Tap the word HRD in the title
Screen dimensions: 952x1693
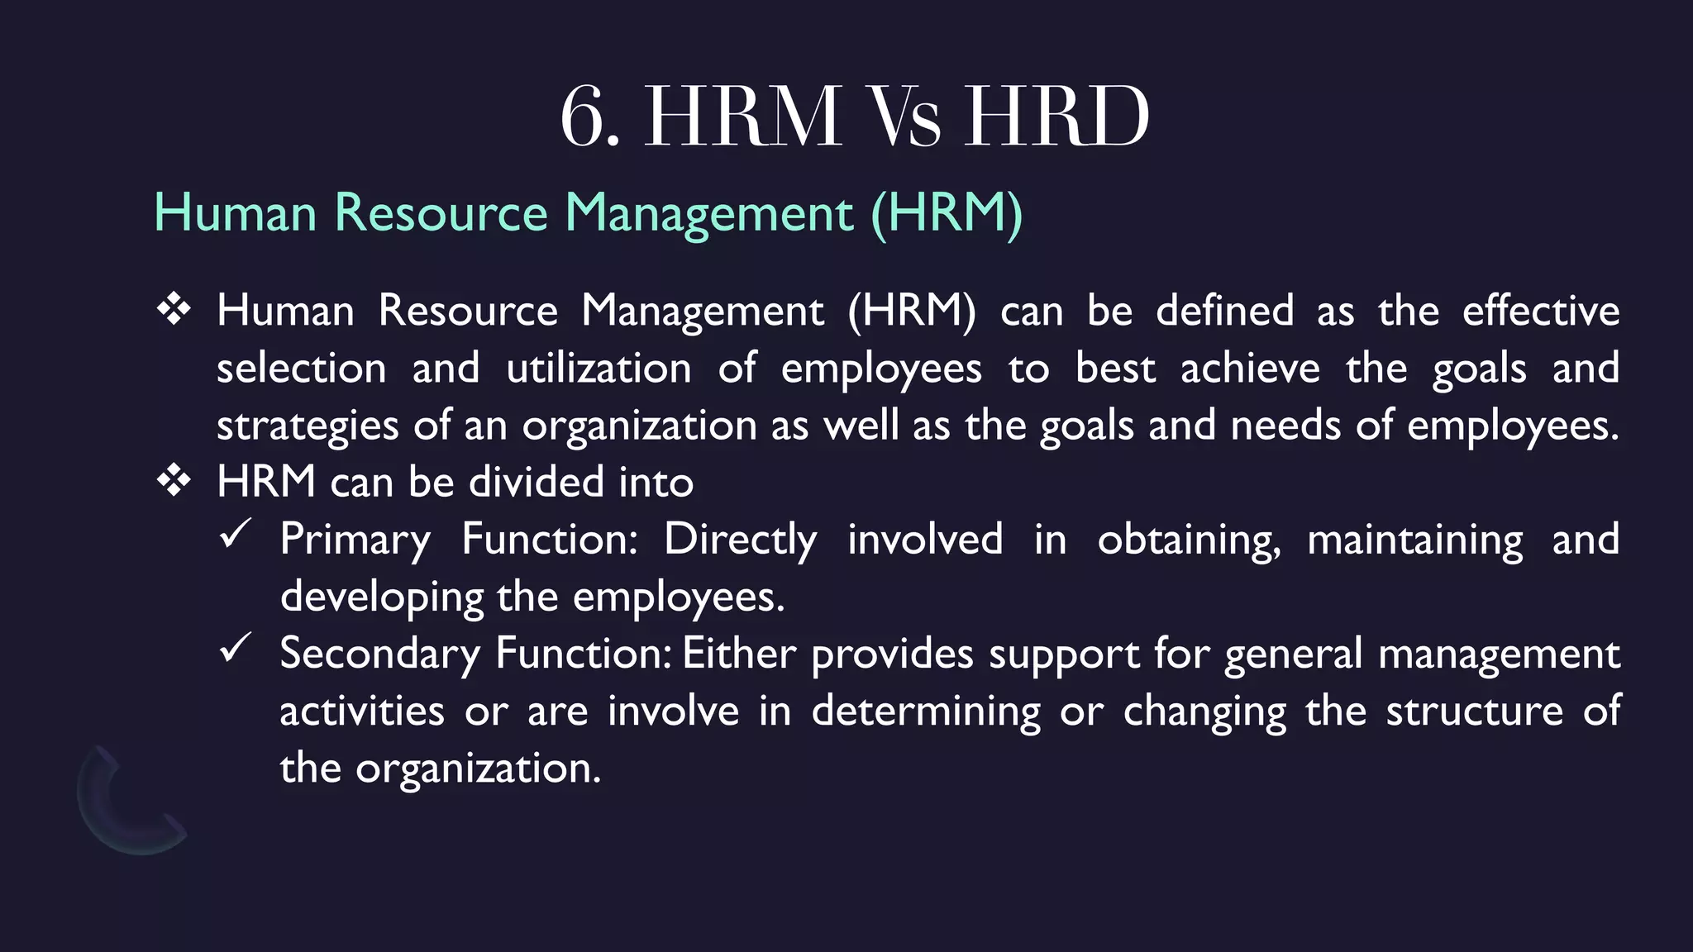click(x=1057, y=117)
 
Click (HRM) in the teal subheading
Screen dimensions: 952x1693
click(x=947, y=213)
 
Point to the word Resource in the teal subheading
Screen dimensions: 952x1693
click(x=441, y=213)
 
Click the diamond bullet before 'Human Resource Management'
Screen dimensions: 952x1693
click(x=174, y=310)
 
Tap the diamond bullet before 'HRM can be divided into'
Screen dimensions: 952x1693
click(x=174, y=481)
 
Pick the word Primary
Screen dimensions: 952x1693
click(x=355, y=540)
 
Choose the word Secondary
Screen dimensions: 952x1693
click(x=379, y=654)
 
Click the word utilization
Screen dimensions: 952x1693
click(x=599, y=368)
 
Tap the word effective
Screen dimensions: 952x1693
click(x=1541, y=311)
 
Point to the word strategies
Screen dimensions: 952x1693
click(x=308, y=426)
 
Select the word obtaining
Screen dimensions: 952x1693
click(x=1189, y=540)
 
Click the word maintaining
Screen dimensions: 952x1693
click(x=1414, y=540)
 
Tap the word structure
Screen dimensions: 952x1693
click(x=1474, y=712)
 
